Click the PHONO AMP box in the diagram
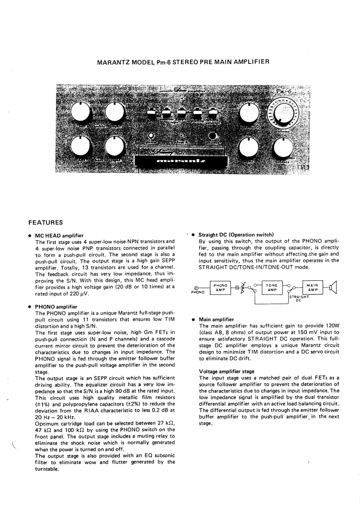coord(220,288)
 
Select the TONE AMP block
coord(272,288)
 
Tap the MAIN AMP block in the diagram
coord(312,288)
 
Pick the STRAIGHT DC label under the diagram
coord(299,298)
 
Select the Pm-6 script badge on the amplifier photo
coord(284,91)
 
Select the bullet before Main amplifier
coord(194,320)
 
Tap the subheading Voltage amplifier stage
coord(226,372)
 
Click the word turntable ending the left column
coord(47,469)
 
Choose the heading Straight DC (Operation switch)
coord(236,235)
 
